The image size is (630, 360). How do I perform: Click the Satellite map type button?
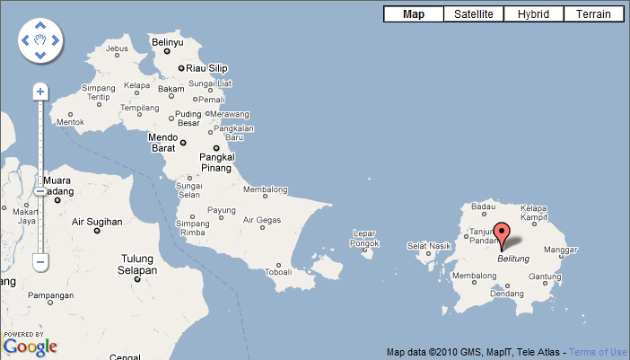coord(474,14)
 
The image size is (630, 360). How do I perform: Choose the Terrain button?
coord(593,14)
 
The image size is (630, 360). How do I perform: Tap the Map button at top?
coord(414,14)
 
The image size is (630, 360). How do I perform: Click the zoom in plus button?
coord(39,92)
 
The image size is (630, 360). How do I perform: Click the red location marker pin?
coord(503,233)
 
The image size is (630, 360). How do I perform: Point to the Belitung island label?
coord(514,259)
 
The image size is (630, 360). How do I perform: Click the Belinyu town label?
coord(168,42)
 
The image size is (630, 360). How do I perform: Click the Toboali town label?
coord(279,271)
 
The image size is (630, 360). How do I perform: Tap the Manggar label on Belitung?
coord(561,250)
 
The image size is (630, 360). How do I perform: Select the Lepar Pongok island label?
coord(364,238)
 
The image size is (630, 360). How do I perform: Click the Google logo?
coord(31,347)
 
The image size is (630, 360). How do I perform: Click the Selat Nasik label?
coord(428,245)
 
